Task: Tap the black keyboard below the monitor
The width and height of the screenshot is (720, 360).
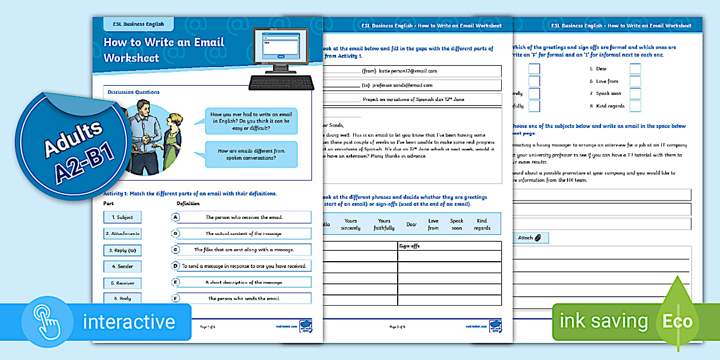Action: [x=281, y=83]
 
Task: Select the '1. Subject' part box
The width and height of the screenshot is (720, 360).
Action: [x=122, y=217]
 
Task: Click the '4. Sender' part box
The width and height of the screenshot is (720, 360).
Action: [x=122, y=266]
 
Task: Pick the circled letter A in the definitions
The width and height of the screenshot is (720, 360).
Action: [x=176, y=217]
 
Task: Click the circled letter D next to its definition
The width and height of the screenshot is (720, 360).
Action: [x=176, y=266]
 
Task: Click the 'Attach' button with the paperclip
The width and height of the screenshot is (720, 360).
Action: [x=529, y=238]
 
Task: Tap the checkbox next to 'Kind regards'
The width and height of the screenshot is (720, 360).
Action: [x=635, y=106]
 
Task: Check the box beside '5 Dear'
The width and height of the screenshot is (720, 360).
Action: [x=635, y=69]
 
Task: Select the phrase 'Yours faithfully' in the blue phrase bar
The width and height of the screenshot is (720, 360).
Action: [x=384, y=225]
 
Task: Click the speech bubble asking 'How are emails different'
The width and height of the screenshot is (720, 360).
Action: [x=251, y=154]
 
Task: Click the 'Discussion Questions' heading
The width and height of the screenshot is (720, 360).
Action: [x=134, y=92]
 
